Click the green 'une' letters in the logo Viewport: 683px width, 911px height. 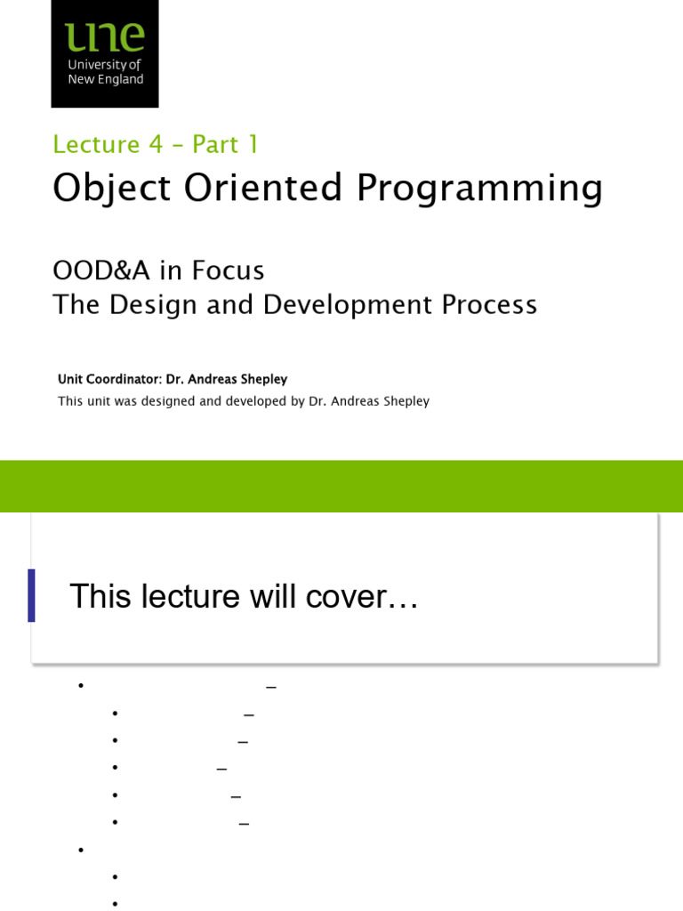tap(104, 36)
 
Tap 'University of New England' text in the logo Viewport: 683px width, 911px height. tap(105, 71)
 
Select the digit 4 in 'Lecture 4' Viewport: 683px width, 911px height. tap(157, 144)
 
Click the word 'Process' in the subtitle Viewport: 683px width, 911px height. tap(490, 305)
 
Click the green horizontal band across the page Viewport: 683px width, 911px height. tap(341, 486)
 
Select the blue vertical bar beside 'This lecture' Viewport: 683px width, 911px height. tap(31, 595)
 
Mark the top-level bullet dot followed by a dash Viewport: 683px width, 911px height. tap(80, 685)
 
